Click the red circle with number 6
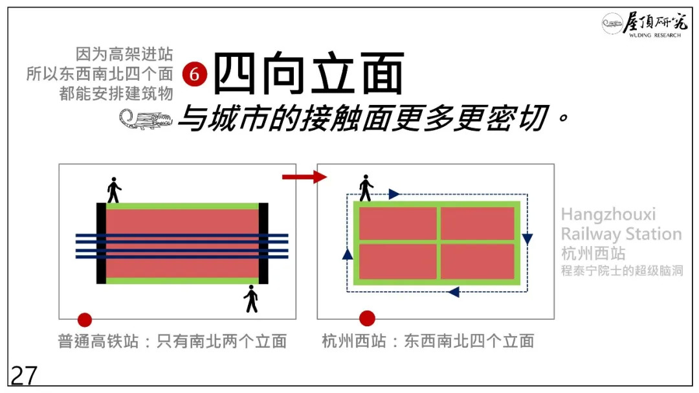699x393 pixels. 194,75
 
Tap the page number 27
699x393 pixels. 24,376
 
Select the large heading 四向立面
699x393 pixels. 309,74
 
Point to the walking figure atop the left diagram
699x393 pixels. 114,190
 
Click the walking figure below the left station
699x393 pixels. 251,298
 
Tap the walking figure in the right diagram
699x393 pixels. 366,188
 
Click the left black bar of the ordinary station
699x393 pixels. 101,243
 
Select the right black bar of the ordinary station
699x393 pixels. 263,243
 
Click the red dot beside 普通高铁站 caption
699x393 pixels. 85,319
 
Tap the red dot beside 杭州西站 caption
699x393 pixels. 367,318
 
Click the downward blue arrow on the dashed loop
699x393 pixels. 527,238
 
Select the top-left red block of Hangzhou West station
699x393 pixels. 397,223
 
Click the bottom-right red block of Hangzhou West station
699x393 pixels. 478,261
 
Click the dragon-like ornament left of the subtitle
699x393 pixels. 145,119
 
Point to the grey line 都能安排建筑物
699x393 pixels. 116,93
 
